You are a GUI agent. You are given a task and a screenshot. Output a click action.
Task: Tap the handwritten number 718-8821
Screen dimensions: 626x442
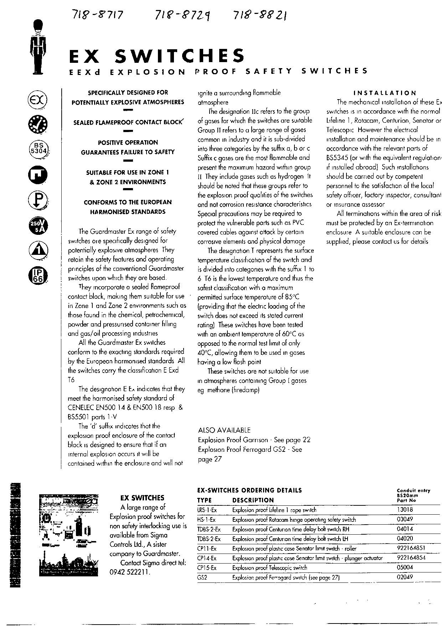pyautogui.click(x=260, y=15)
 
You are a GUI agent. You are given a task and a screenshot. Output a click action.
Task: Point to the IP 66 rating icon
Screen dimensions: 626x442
pyautogui.click(x=37, y=276)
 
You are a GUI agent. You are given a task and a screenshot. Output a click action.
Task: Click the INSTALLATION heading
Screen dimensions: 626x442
pyautogui.click(x=384, y=93)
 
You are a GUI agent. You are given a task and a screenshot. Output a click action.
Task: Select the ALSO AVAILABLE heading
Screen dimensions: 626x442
pyautogui.click(x=224, y=430)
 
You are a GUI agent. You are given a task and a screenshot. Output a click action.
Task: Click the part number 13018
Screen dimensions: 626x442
pyautogui.click(x=405, y=510)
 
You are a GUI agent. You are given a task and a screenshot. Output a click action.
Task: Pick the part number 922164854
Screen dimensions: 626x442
pyautogui.click(x=411, y=558)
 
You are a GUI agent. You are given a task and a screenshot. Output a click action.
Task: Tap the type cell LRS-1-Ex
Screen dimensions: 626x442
pyautogui.click(x=207, y=510)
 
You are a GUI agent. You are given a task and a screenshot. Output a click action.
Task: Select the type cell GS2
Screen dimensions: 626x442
pyautogui.click(x=202, y=577)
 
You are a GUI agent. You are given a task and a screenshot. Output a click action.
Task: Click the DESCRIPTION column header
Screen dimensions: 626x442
pyautogui.click(x=253, y=500)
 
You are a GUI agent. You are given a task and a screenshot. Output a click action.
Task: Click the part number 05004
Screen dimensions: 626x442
pyautogui.click(x=405, y=567)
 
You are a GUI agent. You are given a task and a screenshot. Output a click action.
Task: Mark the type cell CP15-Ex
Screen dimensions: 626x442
pyautogui.click(x=207, y=568)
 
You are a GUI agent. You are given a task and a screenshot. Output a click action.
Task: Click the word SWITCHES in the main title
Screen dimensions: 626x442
pyautogui.click(x=181, y=56)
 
